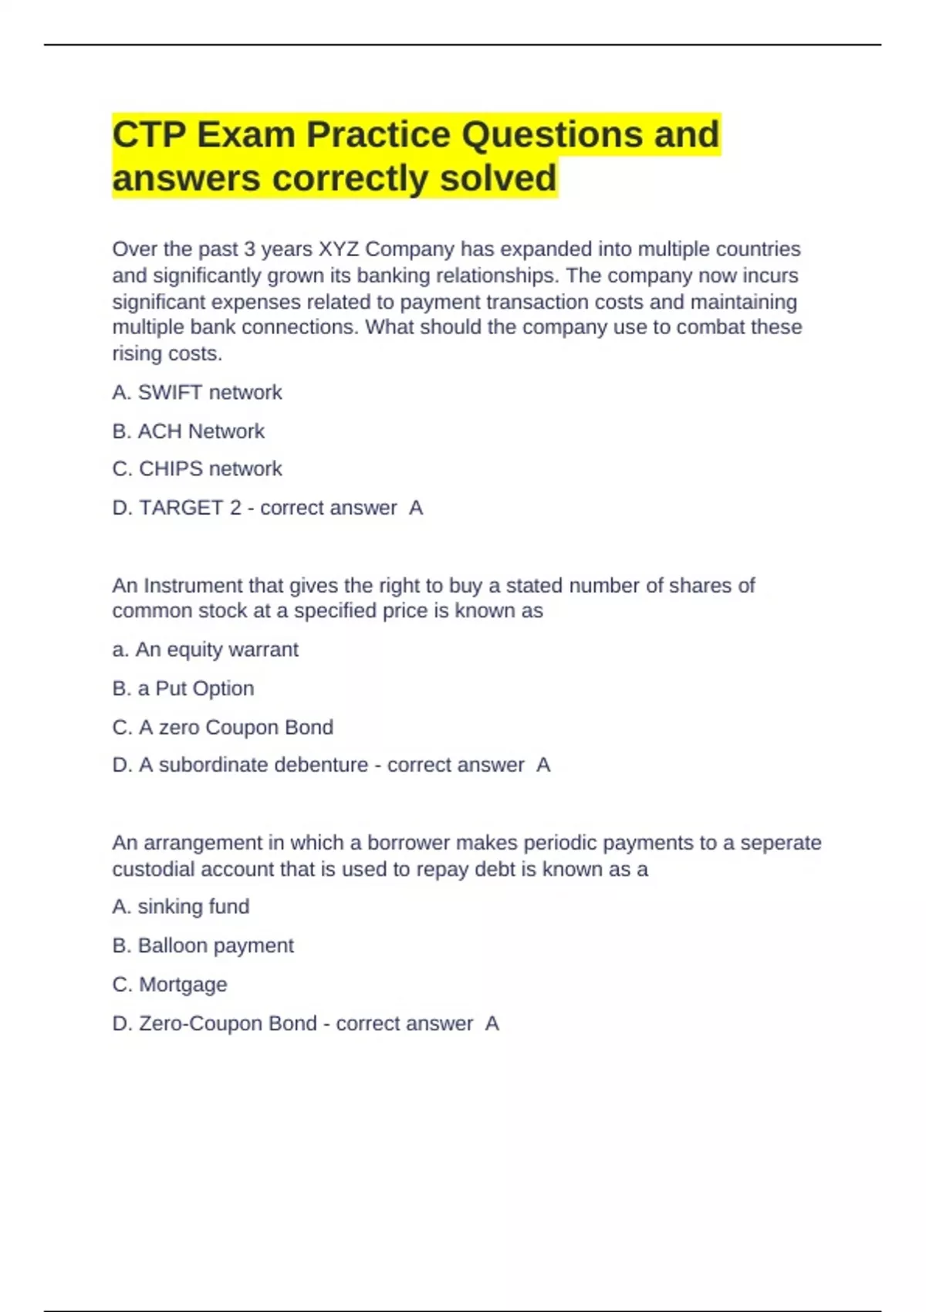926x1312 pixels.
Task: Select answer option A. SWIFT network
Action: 197,393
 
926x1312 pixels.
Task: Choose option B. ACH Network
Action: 188,431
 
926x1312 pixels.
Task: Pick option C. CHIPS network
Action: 197,469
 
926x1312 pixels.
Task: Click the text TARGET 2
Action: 190,508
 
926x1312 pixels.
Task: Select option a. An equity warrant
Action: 205,650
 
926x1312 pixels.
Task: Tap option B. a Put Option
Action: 183,688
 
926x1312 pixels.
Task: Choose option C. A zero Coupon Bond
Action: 222,727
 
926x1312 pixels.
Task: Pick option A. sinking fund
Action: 181,907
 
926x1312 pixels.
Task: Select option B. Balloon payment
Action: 203,945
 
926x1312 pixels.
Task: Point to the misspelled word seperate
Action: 780,843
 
